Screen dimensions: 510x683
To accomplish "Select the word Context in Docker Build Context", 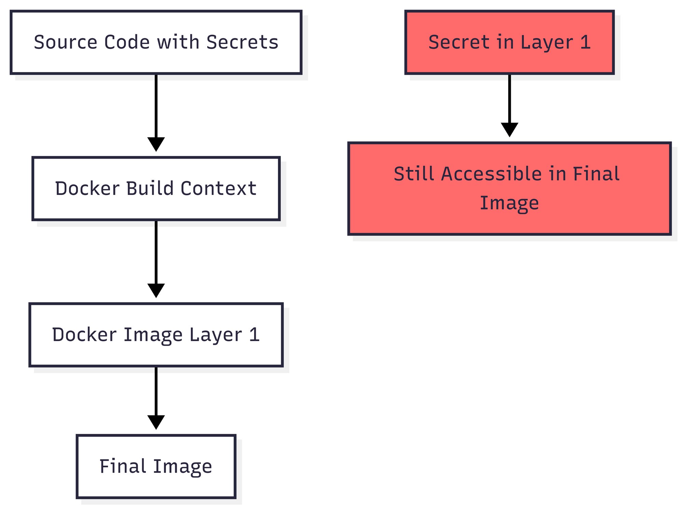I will tap(218, 188).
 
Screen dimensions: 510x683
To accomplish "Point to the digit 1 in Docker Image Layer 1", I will tap(254, 335).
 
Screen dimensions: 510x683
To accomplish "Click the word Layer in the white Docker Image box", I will tap(215, 335).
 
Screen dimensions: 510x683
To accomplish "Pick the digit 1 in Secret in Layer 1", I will tap(585, 42).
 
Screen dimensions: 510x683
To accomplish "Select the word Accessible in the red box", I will tap(491, 174).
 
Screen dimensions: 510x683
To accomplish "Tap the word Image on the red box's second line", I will tap(509, 203).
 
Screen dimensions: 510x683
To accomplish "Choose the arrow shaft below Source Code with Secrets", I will tap(156, 106).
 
